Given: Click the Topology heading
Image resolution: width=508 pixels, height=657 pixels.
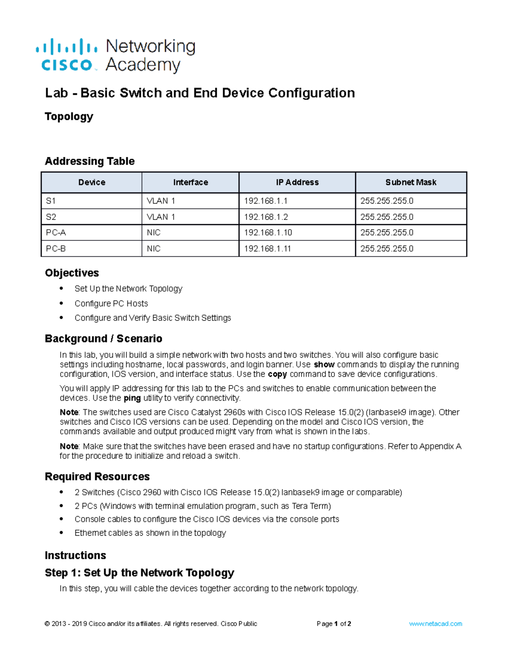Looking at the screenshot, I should pos(69,116).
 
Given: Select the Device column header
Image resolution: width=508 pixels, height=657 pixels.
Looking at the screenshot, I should pos(91,182).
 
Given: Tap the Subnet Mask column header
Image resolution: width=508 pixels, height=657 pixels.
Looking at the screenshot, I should pos(411,182).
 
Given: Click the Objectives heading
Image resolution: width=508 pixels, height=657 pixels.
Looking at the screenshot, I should pos(72,273).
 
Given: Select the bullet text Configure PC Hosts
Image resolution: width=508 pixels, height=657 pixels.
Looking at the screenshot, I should pos(111,303).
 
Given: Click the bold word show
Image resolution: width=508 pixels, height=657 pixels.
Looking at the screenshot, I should pos(324,365).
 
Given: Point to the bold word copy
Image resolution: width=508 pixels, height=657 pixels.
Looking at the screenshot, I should pos(277,374).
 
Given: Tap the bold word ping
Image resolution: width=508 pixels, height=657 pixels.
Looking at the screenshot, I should pos(132,398).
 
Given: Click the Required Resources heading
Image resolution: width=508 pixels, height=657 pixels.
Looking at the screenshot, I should pos(97,477).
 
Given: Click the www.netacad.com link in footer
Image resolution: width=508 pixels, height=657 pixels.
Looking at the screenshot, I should pos(436,624).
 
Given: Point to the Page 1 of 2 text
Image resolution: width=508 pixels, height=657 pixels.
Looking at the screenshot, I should pos(334,624).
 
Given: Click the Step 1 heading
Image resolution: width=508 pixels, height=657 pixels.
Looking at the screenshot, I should pos(139,573).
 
